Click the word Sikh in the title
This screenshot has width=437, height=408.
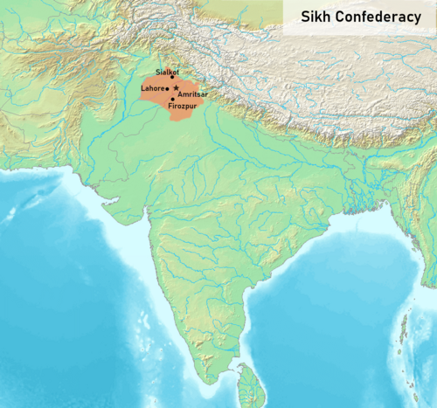(318, 17)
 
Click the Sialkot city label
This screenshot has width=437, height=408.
(166, 70)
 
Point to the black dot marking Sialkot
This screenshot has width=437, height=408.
(173, 77)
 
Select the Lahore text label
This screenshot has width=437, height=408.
(152, 88)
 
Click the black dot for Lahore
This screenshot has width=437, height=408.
(167, 88)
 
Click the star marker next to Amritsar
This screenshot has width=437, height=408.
(177, 88)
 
